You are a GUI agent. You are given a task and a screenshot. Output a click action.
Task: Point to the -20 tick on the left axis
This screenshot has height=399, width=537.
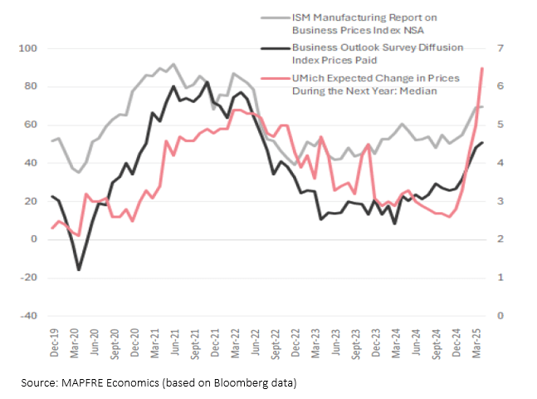[27, 278]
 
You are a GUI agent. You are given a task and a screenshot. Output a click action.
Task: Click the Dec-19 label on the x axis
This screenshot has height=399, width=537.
[52, 342]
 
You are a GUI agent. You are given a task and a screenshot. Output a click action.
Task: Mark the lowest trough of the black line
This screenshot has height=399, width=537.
[79, 269]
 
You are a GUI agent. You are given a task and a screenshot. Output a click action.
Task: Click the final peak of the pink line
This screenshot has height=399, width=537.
[483, 68]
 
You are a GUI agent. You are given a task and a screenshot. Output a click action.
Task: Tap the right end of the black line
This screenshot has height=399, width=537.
[483, 143]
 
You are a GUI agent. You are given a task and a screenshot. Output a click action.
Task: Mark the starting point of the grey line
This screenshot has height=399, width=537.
[51, 140]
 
